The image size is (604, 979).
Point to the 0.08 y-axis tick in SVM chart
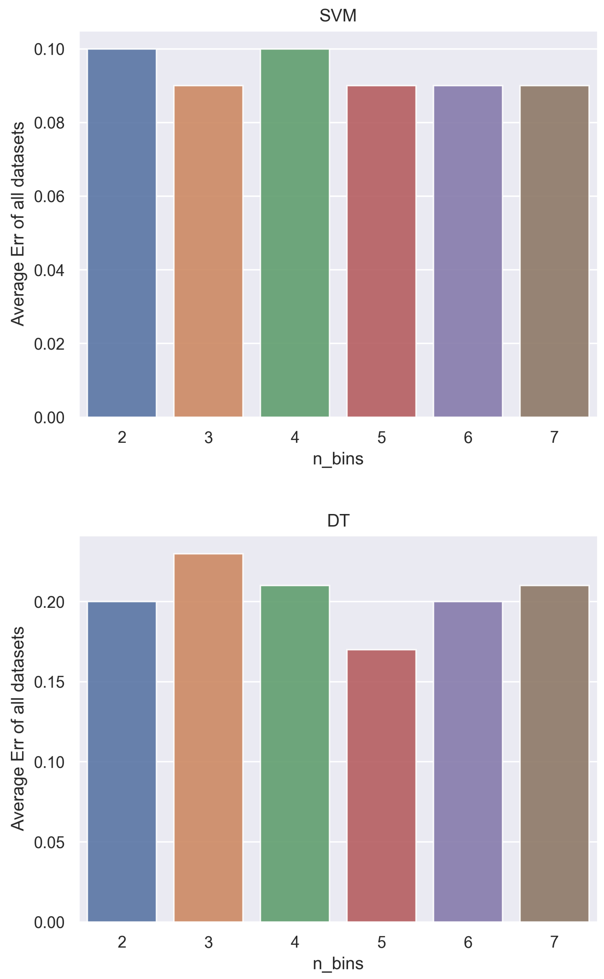[49, 123]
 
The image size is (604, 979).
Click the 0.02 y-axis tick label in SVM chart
[49, 344]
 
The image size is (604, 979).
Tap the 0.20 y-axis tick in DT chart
[49, 602]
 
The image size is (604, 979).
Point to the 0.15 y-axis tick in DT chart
[49, 682]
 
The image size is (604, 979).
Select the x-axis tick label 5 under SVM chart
[381, 438]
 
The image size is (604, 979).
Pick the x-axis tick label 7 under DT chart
[554, 942]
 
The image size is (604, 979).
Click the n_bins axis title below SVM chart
[338, 459]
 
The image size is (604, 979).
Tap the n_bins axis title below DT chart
[338, 964]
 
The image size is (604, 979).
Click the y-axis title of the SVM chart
[18, 224]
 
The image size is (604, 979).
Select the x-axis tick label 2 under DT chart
[122, 942]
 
